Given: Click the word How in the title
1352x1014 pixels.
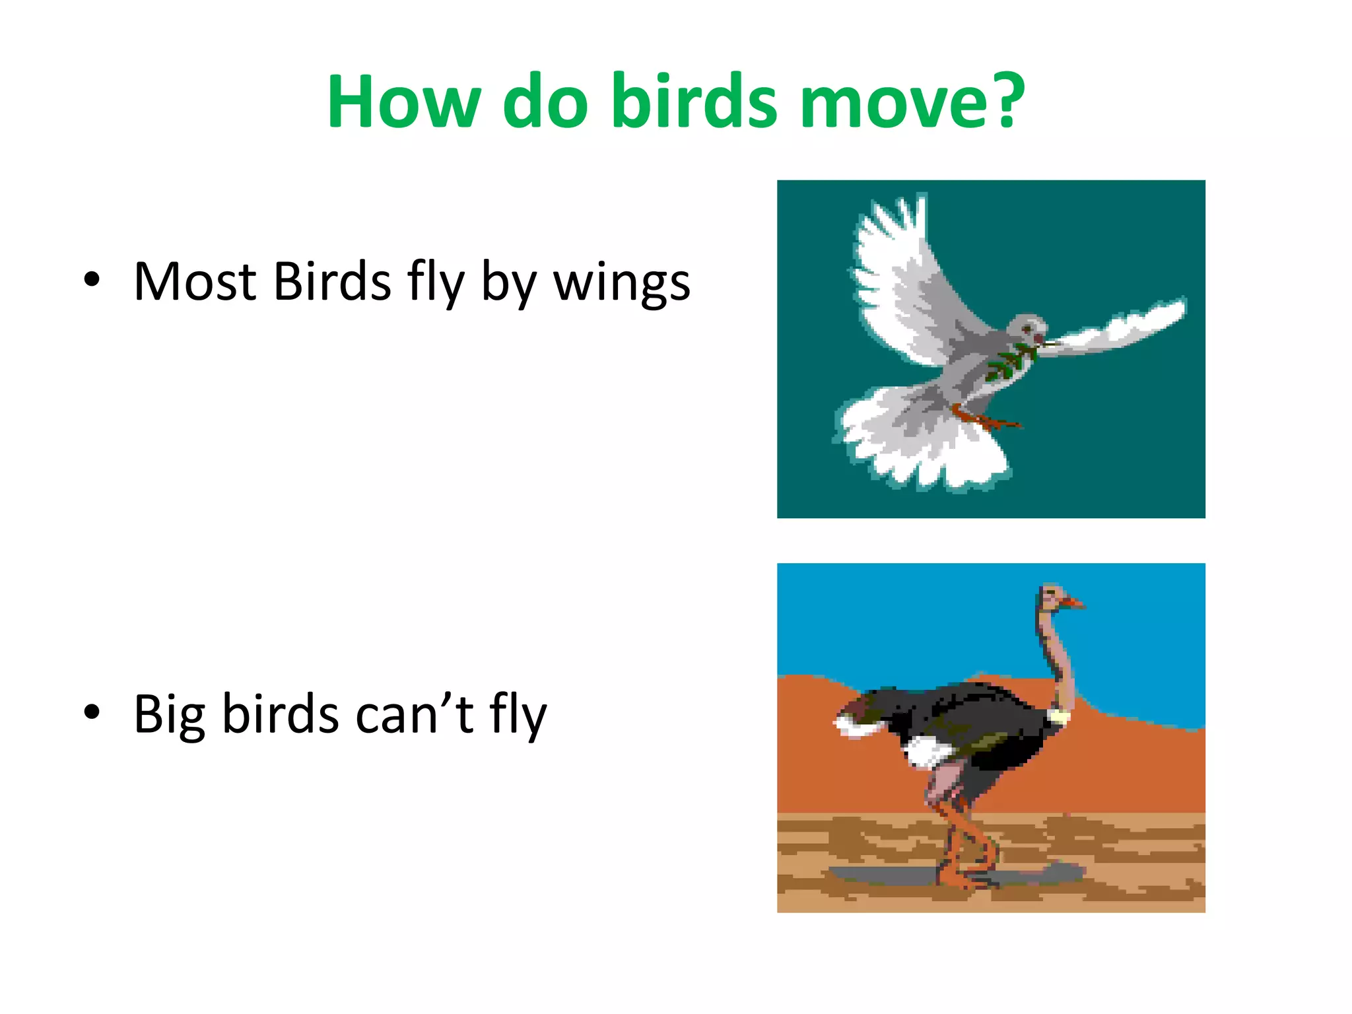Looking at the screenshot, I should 403,102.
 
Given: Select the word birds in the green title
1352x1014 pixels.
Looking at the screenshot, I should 694,102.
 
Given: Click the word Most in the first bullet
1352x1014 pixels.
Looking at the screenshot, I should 195,283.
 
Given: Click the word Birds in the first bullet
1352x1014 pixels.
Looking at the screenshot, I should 331,283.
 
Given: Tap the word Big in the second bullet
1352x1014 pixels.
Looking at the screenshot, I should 169,716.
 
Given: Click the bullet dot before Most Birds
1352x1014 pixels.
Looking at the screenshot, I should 92,280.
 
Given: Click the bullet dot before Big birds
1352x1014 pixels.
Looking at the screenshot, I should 92,712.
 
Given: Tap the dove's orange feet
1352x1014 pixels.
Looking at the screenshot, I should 984,418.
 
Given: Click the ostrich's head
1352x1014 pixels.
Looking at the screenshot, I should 1052,596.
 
